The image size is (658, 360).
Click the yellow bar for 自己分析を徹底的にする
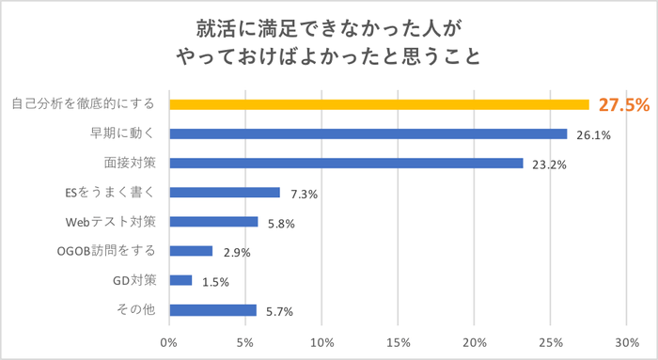[x=379, y=104]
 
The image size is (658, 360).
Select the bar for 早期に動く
[x=368, y=133]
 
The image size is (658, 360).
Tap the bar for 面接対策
[x=346, y=163]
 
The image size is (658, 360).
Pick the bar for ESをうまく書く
[x=225, y=193]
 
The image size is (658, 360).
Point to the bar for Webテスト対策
[x=213, y=222]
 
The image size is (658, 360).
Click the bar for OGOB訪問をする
[x=191, y=251]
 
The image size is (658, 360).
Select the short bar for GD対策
[x=180, y=280]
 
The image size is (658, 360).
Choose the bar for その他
[x=212, y=310]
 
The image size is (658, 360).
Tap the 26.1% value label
[x=593, y=134]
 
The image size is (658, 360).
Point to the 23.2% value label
[x=549, y=164]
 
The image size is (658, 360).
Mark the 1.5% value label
[x=217, y=281]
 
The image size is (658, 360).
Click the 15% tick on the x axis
[x=398, y=341]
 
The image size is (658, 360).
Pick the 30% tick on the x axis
[x=627, y=341]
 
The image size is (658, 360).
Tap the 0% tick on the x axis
[x=169, y=341]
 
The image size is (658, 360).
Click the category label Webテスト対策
[x=117, y=222]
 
